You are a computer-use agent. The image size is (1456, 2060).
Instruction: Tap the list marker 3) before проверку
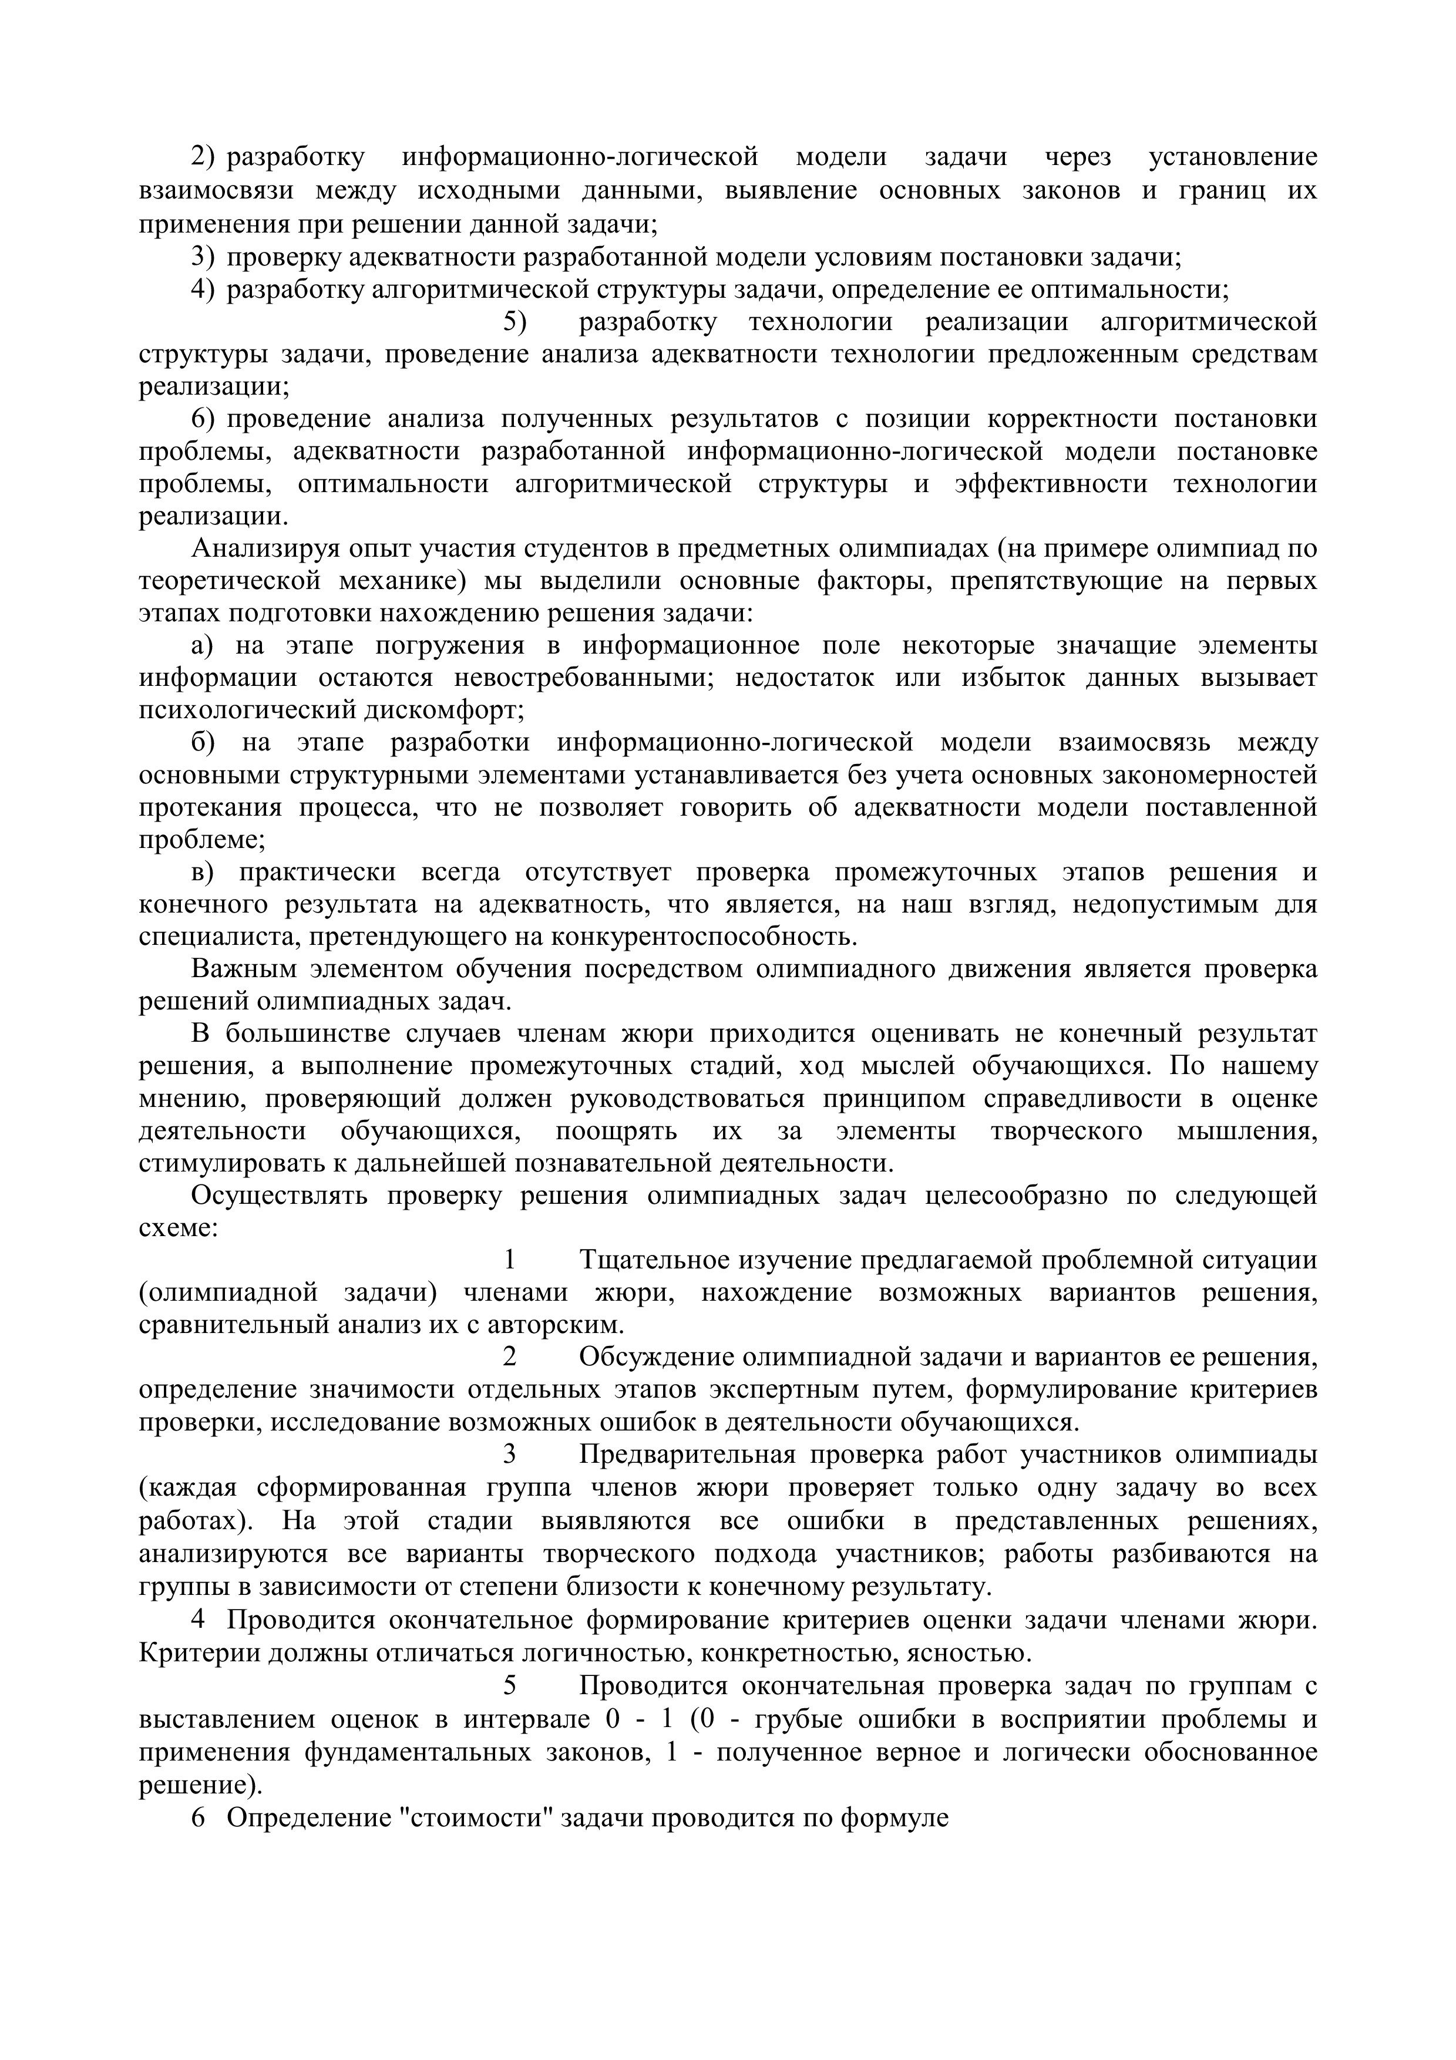pos(204,257)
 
